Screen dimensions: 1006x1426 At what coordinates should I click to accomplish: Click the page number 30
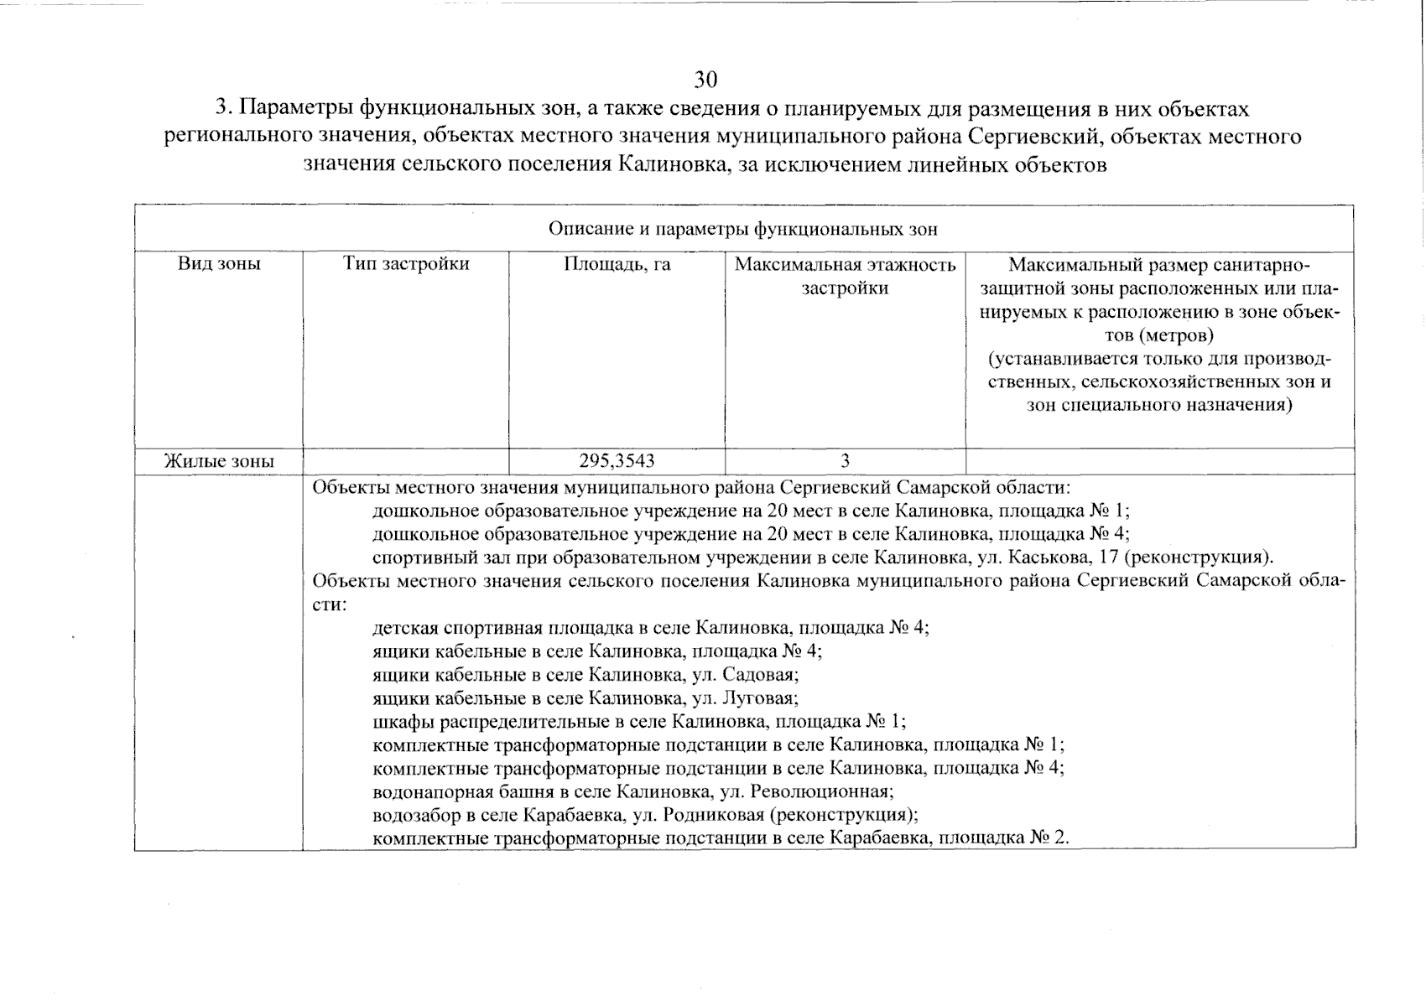[x=705, y=80]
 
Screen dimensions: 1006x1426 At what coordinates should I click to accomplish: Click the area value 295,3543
[x=617, y=461]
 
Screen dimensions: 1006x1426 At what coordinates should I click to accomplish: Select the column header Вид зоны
[x=219, y=264]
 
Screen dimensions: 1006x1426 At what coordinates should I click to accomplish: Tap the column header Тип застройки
[x=406, y=264]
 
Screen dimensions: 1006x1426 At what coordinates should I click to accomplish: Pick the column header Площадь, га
[x=617, y=265]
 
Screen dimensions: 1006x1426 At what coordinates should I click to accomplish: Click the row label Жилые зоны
[x=219, y=461]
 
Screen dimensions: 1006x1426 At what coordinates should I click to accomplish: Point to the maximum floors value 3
[x=845, y=461]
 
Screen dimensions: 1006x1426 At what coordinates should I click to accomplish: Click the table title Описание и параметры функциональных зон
[x=743, y=229]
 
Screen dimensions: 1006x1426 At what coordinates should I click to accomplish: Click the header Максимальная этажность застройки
[x=845, y=277]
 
